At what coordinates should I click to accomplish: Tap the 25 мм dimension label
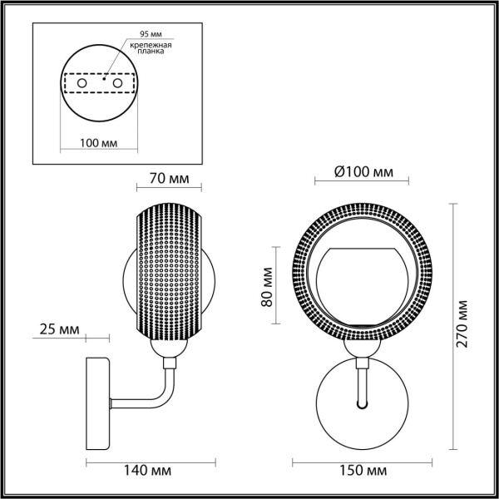(59, 330)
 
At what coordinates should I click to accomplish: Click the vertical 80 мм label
(268, 287)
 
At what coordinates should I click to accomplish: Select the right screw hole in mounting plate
(118, 84)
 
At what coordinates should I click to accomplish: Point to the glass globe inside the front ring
(362, 287)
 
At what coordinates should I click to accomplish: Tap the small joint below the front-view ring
(363, 361)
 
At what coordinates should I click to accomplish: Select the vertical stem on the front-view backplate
(362, 387)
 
